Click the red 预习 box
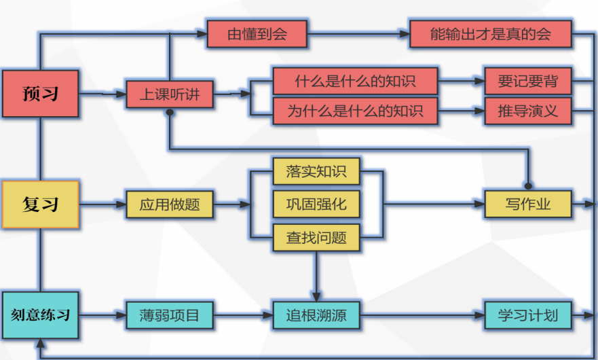point(41,94)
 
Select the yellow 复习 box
point(41,204)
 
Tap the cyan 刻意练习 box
point(41,315)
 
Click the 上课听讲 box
point(170,94)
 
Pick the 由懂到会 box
point(257,34)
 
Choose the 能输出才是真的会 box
point(490,34)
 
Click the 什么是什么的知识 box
point(355,81)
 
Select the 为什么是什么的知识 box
point(355,111)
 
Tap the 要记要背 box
point(527,81)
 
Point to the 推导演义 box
point(527,111)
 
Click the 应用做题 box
point(170,204)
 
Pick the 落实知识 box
point(316,171)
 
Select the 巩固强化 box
point(316,204)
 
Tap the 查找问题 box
point(316,237)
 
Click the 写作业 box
point(527,204)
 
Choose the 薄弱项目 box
point(170,315)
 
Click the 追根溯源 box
point(316,315)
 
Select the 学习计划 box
point(527,315)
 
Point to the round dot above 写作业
point(527,184)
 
